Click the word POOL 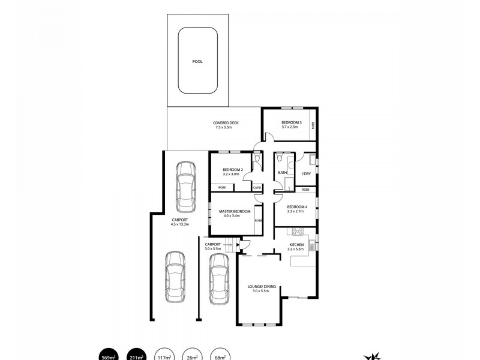coord(197,62)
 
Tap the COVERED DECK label coord(226,123)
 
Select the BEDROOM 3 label coord(291,123)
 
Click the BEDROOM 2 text coord(232,170)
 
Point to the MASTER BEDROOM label coord(235,211)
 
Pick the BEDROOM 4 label coord(297,208)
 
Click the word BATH coord(281,173)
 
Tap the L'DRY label coord(305,173)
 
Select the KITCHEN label coord(297,245)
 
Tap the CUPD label coord(257,187)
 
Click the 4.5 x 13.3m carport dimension coord(179,224)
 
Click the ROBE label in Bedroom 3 coord(313,125)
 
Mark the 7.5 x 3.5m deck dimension coord(226,128)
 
